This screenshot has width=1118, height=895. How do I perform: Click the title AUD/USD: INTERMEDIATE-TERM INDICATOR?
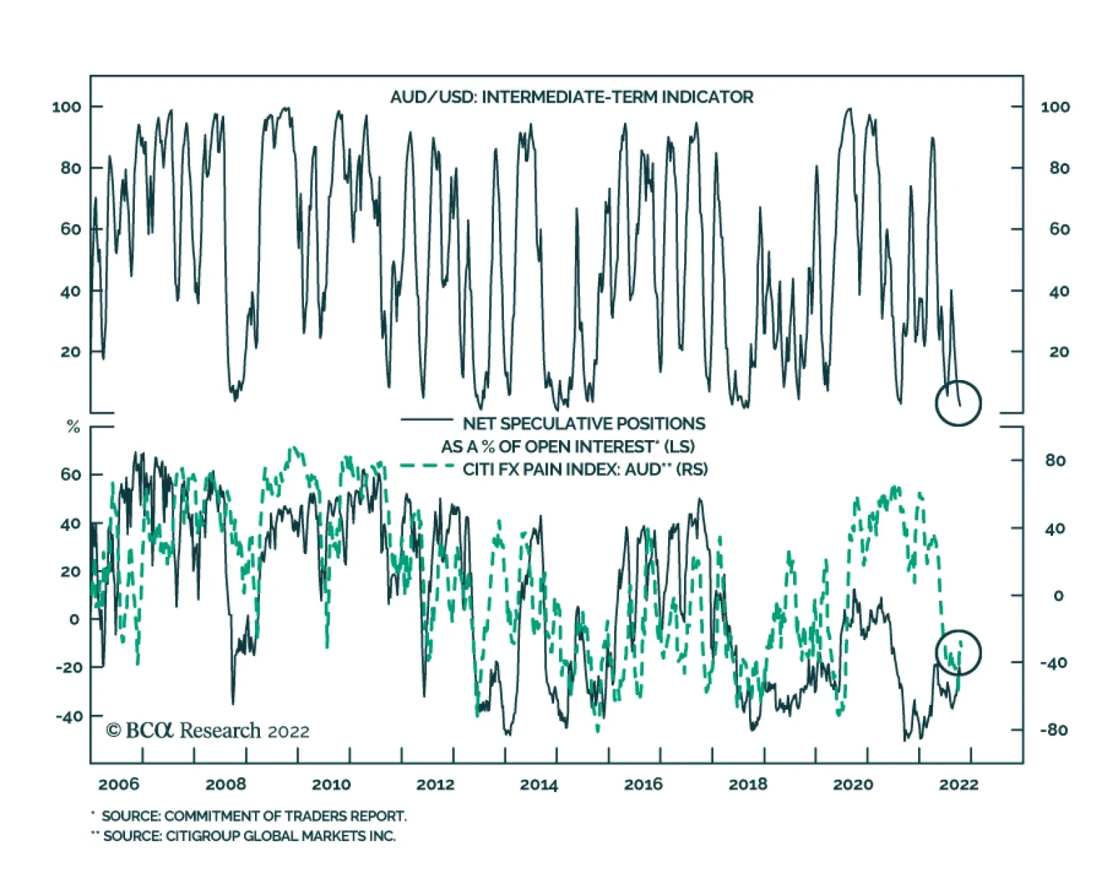click(572, 96)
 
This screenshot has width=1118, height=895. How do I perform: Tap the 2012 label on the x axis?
click(435, 784)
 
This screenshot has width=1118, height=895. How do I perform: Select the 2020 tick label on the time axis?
click(852, 784)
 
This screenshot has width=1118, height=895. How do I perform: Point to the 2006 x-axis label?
click(119, 784)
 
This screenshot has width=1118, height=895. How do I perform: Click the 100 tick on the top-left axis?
click(66, 107)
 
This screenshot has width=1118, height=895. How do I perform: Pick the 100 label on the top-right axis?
click(1055, 107)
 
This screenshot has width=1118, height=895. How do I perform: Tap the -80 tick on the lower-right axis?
click(1053, 730)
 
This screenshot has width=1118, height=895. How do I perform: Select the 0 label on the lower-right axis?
click(1059, 596)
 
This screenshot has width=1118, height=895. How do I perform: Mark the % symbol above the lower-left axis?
click(73, 427)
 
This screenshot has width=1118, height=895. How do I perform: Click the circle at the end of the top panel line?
click(958, 403)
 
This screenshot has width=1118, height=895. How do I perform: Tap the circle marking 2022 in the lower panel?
click(958, 653)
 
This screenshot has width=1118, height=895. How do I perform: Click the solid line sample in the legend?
click(426, 420)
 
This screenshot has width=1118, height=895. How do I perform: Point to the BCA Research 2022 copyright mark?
click(208, 731)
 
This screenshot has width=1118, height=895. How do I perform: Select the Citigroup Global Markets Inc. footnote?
click(249, 836)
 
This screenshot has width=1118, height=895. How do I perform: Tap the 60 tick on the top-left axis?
click(71, 229)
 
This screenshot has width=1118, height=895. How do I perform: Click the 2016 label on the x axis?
click(644, 784)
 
